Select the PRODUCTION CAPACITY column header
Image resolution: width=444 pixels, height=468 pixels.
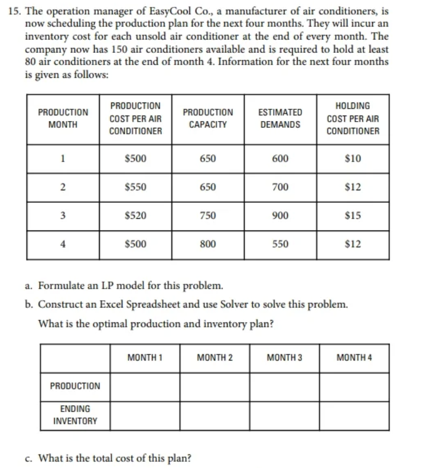point(208,119)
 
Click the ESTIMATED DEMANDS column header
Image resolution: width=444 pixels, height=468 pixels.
point(279,119)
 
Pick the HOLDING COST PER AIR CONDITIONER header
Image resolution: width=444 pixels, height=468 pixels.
point(353,119)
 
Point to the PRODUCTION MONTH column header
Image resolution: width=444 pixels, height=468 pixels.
point(63,119)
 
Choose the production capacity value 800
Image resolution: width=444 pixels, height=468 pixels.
point(208,243)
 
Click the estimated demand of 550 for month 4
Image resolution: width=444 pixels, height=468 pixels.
point(280,243)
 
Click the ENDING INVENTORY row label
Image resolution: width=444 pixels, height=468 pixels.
point(75,415)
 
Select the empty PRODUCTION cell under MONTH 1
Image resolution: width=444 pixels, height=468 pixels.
point(145,386)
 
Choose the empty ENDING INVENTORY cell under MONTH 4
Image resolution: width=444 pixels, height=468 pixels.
point(354,415)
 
